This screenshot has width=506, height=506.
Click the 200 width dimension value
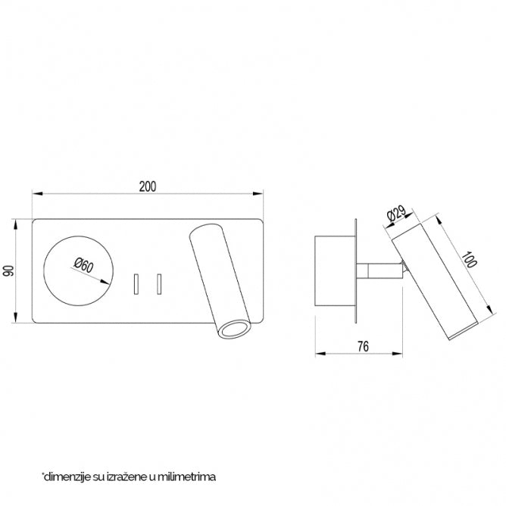[x=148, y=185]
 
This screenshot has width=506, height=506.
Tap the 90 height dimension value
[x=9, y=271]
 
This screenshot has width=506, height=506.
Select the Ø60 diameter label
[x=83, y=265]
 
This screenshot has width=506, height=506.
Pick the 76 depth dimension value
[x=362, y=346]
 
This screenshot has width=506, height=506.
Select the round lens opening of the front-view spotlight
[x=233, y=328]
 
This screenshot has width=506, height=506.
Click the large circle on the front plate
[x=80, y=271]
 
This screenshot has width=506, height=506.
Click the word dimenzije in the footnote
[x=65, y=476]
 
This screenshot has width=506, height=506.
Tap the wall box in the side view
[x=333, y=271]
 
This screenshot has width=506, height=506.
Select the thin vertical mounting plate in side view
[x=355, y=271]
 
